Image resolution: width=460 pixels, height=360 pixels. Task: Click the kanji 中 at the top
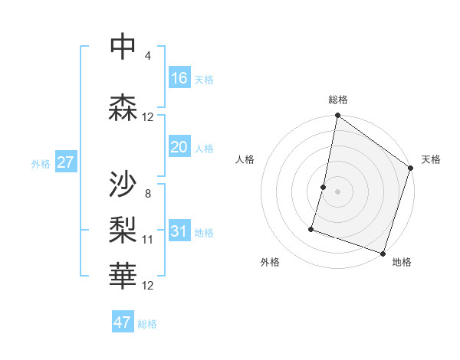click(123, 47)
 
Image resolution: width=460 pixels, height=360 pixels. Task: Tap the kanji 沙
click(123, 184)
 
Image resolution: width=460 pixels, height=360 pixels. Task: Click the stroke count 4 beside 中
click(147, 56)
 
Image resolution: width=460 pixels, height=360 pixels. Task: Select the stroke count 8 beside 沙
click(147, 193)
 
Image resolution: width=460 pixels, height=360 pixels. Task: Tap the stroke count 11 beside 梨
click(148, 240)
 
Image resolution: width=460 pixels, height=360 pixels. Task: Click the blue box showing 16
click(179, 77)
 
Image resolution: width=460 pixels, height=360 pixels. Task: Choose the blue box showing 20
click(179, 148)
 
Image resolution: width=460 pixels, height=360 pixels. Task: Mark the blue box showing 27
click(66, 162)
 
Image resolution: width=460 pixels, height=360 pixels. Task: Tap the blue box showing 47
click(123, 322)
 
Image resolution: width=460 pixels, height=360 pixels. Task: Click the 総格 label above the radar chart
click(338, 100)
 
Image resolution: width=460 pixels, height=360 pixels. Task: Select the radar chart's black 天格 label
click(431, 159)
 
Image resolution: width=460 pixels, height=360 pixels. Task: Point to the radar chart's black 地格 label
click(402, 262)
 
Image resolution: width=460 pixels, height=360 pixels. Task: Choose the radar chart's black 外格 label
click(270, 262)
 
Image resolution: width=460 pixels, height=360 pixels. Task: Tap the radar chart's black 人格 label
click(245, 159)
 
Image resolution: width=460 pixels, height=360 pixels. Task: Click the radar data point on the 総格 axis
click(337, 116)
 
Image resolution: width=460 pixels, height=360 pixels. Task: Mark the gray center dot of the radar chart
click(337, 191)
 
